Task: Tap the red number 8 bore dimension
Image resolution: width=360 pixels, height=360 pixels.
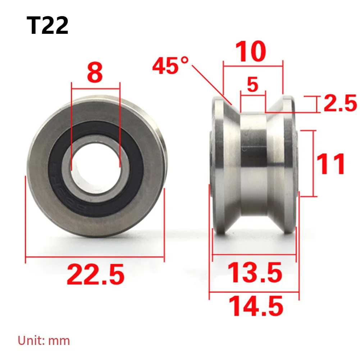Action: coord(95,72)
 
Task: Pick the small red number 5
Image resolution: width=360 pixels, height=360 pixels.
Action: coord(253,85)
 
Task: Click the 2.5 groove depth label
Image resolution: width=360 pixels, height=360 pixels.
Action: coord(340,104)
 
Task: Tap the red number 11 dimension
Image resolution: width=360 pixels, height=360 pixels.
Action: coord(331,164)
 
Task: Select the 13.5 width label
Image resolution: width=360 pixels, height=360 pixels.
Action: coord(255,273)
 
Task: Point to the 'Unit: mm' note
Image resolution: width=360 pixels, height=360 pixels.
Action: coord(44,340)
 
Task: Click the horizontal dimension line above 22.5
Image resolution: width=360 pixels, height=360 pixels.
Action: coord(95,257)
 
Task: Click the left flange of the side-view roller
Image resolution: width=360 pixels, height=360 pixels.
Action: coord(220,165)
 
